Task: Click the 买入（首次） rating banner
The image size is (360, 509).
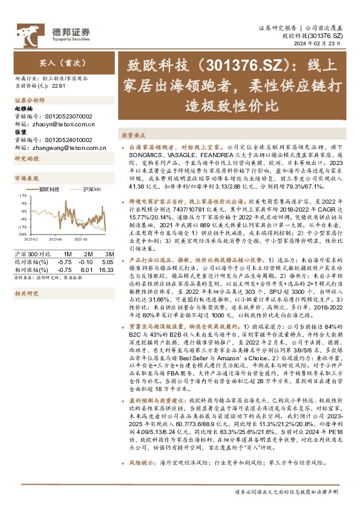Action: click(x=55, y=62)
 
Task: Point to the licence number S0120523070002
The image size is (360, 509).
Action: click(x=65, y=116)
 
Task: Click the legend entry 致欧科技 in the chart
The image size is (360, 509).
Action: click(x=48, y=189)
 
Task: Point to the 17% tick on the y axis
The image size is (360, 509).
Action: click(x=22, y=195)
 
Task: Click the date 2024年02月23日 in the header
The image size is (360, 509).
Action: click(x=324, y=44)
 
